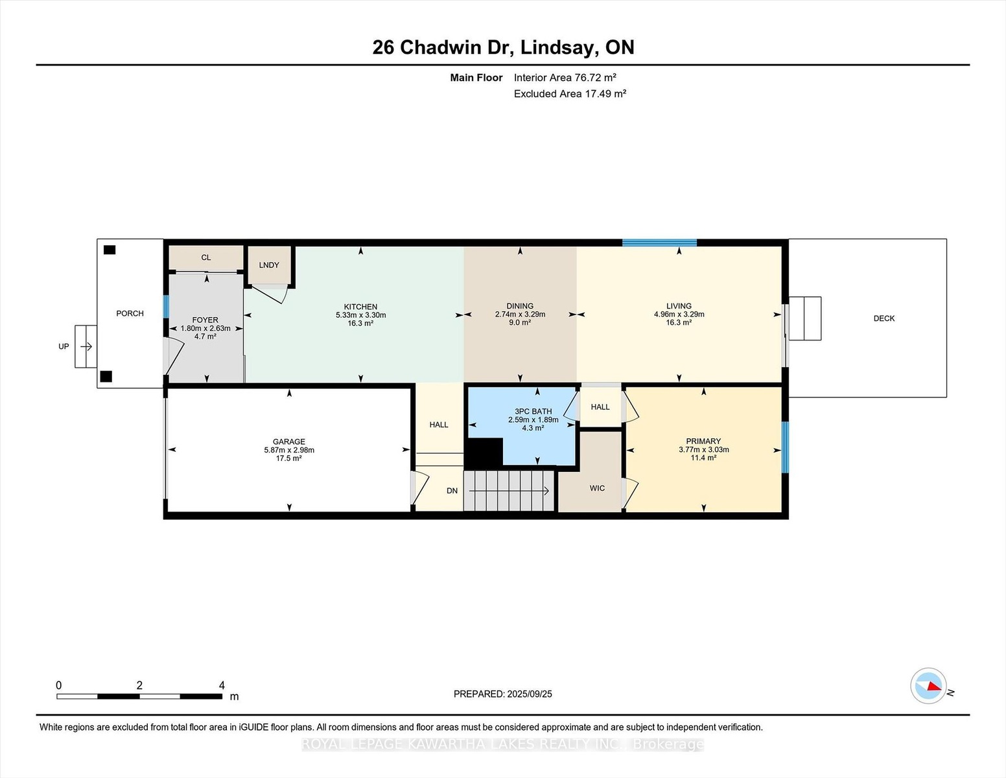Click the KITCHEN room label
360,307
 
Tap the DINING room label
520,306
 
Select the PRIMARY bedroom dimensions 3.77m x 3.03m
704,449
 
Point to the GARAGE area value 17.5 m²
289,458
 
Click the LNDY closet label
269,265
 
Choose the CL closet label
206,257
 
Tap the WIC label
597,488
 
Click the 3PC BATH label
533,412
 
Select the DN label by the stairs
452,491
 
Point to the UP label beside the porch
64,346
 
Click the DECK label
883,318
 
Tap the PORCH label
130,313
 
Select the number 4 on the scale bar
222,685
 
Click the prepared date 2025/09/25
530,694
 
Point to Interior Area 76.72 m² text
565,77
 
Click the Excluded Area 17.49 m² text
570,93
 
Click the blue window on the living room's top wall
659,242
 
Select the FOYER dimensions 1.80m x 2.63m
205,328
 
